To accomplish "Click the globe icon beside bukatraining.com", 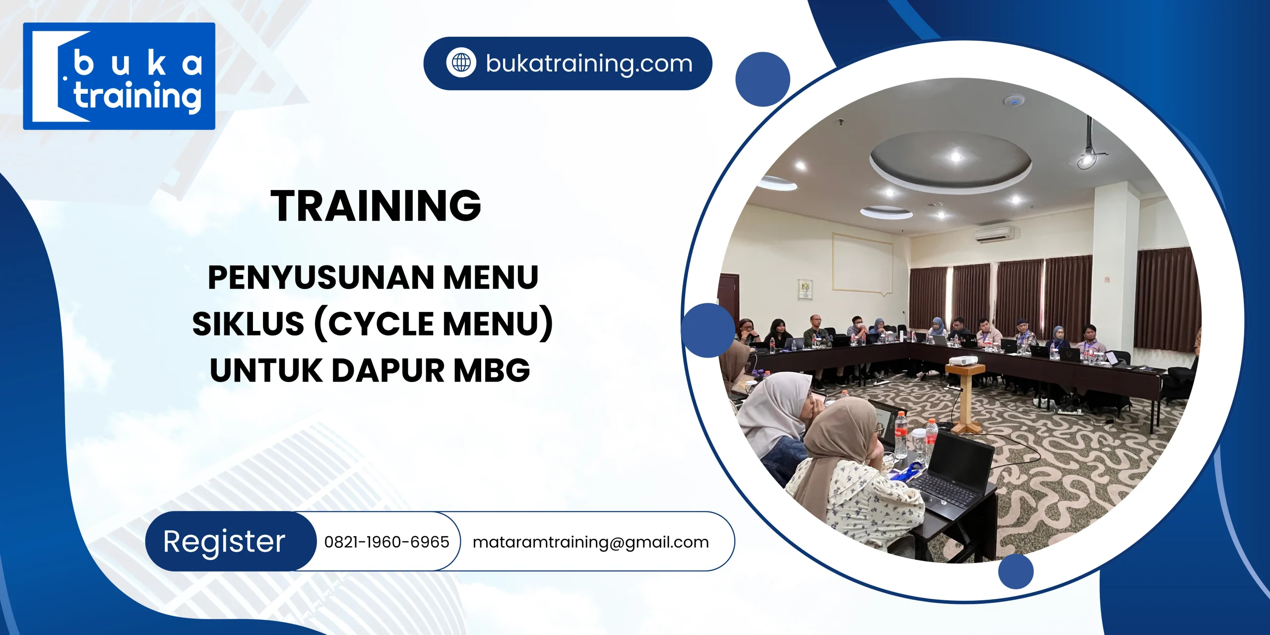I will click(461, 63).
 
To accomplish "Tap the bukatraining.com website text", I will click(589, 63).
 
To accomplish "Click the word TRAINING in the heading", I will click(376, 205).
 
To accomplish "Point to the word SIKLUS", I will click(248, 324).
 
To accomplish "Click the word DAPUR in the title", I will click(387, 371).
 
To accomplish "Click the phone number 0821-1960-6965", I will click(386, 542).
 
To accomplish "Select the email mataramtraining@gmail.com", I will click(590, 542).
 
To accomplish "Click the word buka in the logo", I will click(138, 63).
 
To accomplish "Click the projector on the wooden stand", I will click(963, 361).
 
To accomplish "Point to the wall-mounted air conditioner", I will click(994, 234).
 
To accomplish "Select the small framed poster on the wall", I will click(805, 289).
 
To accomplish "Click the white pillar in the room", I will click(1114, 268).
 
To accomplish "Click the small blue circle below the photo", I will click(1016, 571).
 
